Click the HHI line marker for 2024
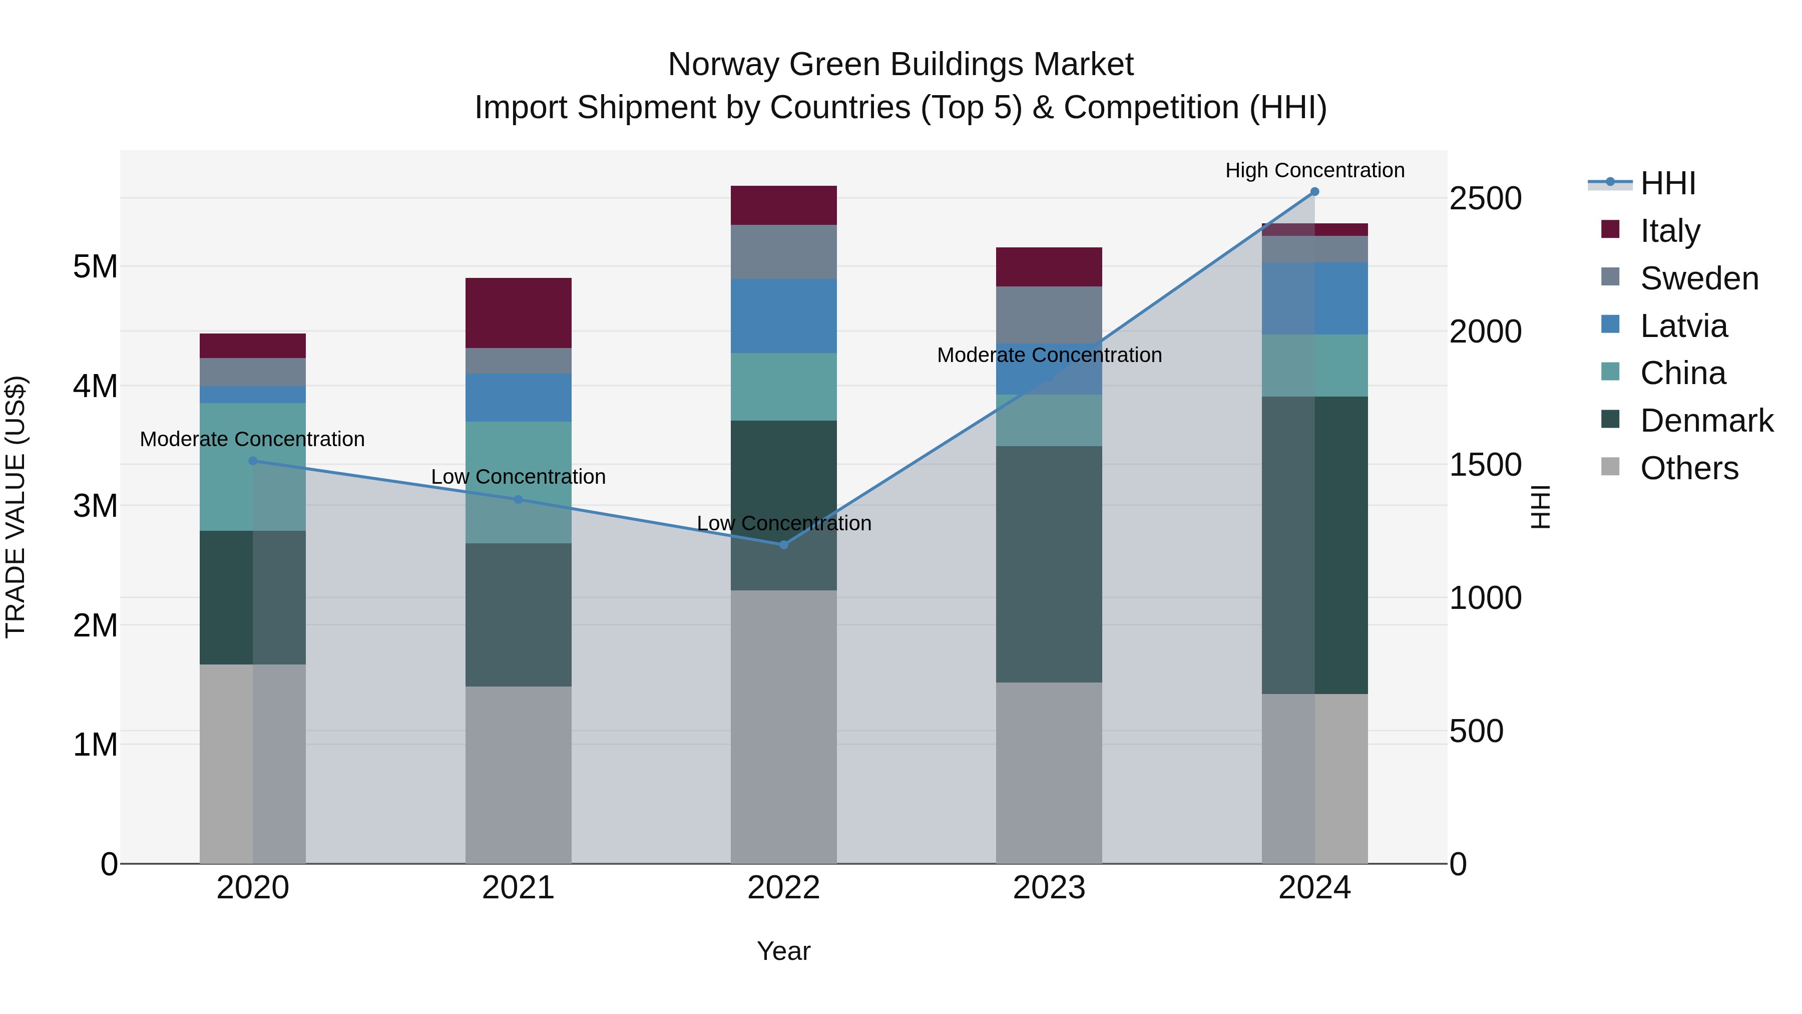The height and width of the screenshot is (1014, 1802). pyautogui.click(x=1314, y=192)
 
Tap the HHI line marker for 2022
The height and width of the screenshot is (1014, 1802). pyautogui.click(x=783, y=544)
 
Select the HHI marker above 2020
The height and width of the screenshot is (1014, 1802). pyautogui.click(x=253, y=461)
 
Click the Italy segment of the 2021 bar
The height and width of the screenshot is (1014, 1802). pyautogui.click(x=519, y=313)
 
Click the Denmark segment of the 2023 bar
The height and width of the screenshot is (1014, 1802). pyautogui.click(x=1049, y=564)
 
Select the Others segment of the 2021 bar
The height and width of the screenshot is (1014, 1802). pyautogui.click(x=519, y=775)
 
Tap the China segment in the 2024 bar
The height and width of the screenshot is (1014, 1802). pyautogui.click(x=1314, y=366)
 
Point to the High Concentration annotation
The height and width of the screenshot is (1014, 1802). pyautogui.click(x=1314, y=170)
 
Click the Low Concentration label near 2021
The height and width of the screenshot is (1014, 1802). pyautogui.click(x=519, y=477)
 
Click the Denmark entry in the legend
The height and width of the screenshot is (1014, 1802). pyautogui.click(x=1706, y=421)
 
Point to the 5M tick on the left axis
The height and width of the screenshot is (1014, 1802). pyautogui.click(x=95, y=266)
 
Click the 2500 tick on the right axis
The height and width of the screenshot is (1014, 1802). pyautogui.click(x=1485, y=199)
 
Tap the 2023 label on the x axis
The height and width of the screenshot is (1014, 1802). pyautogui.click(x=1049, y=888)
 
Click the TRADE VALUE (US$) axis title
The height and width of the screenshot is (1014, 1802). pyautogui.click(x=16, y=507)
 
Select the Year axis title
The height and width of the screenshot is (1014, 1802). pyautogui.click(x=783, y=951)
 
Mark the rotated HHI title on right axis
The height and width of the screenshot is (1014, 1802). pyautogui.click(x=1540, y=507)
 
